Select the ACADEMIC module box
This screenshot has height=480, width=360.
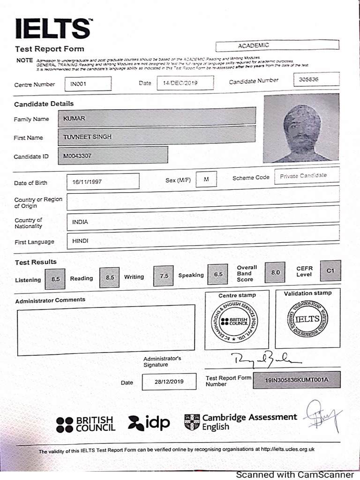pos(277,45)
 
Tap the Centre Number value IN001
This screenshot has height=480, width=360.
pos(88,84)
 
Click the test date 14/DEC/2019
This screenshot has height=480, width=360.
pos(185,83)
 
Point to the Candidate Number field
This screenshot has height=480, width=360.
pos(316,80)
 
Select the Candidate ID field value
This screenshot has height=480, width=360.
pos(112,155)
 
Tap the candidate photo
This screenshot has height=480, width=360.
pos(301,128)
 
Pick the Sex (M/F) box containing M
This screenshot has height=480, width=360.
pos(206,180)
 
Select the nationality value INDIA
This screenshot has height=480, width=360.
pos(203,221)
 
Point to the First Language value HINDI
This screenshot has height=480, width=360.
pos(203,240)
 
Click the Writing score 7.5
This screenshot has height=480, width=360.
pos(164,276)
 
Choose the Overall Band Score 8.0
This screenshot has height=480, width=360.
pos(275,272)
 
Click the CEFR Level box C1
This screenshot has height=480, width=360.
pos(331,270)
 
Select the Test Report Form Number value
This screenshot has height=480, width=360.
pos(296,380)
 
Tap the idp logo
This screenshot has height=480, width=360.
pos(149,423)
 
